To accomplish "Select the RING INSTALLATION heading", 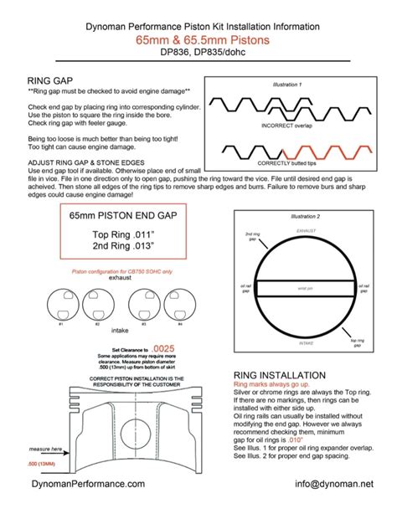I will point(280,375).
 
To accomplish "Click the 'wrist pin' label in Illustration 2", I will point(305,288).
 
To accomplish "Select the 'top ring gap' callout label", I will point(358,342).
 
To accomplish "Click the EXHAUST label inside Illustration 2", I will point(305,229).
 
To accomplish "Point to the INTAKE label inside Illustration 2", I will point(305,343).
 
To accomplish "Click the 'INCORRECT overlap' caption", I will point(287,126).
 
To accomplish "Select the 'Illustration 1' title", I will point(288,85).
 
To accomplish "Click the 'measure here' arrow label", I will point(23,449).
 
